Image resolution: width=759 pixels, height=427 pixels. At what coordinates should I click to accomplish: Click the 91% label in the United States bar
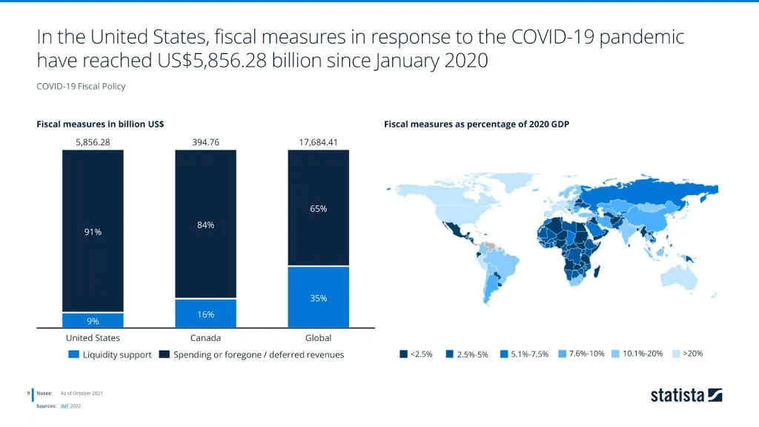[93, 232]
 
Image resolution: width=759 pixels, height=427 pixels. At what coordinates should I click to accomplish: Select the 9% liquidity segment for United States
[93, 320]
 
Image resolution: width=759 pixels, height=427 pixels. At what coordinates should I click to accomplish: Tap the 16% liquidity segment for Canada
[205, 314]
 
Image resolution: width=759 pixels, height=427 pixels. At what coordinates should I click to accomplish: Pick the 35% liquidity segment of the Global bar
[318, 297]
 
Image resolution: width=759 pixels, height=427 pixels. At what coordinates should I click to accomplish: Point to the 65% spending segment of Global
[318, 208]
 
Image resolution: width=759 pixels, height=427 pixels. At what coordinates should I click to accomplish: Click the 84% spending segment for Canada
[205, 225]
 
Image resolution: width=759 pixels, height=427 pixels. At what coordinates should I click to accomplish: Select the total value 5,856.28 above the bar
[93, 141]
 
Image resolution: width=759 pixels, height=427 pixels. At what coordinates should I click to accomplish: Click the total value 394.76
[205, 141]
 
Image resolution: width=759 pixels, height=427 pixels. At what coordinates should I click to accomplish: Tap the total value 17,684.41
[318, 141]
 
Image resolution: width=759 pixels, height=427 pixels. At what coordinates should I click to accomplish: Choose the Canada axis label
[205, 338]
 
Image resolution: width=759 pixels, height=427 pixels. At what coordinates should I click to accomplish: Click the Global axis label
[318, 338]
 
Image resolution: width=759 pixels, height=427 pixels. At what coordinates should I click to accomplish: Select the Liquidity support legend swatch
[73, 354]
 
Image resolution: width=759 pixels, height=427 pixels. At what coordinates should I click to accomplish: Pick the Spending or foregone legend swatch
[164, 354]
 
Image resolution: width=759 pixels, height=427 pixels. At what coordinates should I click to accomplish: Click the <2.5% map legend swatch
[403, 354]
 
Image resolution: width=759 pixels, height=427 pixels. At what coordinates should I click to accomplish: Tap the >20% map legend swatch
[675, 354]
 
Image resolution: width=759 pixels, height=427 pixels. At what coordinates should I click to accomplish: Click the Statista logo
[686, 395]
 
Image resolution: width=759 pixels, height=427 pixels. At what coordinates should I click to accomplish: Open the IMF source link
[65, 406]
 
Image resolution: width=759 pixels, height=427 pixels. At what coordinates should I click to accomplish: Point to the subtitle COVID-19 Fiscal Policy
[81, 86]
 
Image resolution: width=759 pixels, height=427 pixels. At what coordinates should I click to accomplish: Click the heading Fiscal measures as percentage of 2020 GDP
[476, 124]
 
